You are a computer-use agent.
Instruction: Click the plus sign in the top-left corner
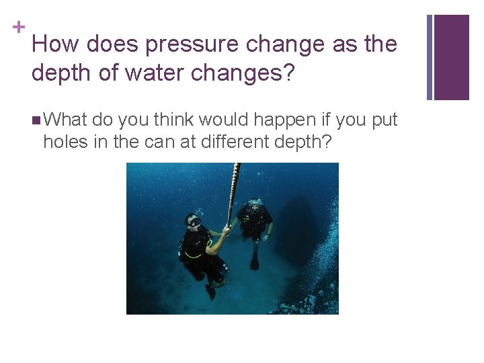pyautogui.click(x=20, y=27)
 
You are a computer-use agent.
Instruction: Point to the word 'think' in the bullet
pyautogui.click(x=175, y=120)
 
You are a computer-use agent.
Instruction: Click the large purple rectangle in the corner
pyautogui.click(x=451, y=57)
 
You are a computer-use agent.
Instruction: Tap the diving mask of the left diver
pyautogui.click(x=194, y=221)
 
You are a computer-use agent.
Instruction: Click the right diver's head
pyautogui.click(x=254, y=205)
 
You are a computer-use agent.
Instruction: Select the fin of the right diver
pyautogui.click(x=254, y=262)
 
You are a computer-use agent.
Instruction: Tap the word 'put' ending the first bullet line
pyautogui.click(x=385, y=120)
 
